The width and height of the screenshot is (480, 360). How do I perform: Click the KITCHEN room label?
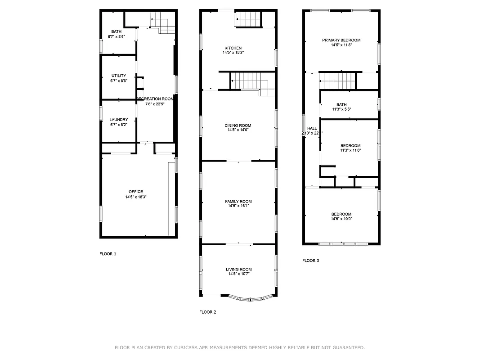coord(233,48)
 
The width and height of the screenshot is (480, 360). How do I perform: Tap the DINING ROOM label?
coord(238,126)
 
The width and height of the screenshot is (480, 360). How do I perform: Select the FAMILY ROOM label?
coord(238,202)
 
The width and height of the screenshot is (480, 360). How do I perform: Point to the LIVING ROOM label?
coord(238,270)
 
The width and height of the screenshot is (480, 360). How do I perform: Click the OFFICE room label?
coord(136,192)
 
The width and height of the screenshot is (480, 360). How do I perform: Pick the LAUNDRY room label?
coord(119,120)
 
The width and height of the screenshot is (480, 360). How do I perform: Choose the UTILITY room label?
coord(119,76)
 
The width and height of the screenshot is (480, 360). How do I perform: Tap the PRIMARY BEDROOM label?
coord(341,40)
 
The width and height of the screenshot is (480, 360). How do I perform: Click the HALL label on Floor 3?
coord(312,128)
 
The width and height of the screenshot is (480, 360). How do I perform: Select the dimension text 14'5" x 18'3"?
coord(136,197)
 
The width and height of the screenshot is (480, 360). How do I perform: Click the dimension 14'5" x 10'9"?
coord(341,219)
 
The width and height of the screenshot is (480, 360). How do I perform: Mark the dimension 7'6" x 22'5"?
coord(155,104)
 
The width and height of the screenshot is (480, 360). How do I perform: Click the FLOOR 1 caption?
coord(108,254)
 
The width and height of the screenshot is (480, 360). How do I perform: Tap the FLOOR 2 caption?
coord(208,312)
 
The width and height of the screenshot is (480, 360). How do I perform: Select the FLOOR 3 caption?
coord(310,261)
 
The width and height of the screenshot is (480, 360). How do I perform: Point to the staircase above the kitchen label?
coord(248,19)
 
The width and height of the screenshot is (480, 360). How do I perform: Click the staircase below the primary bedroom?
coord(337,81)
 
